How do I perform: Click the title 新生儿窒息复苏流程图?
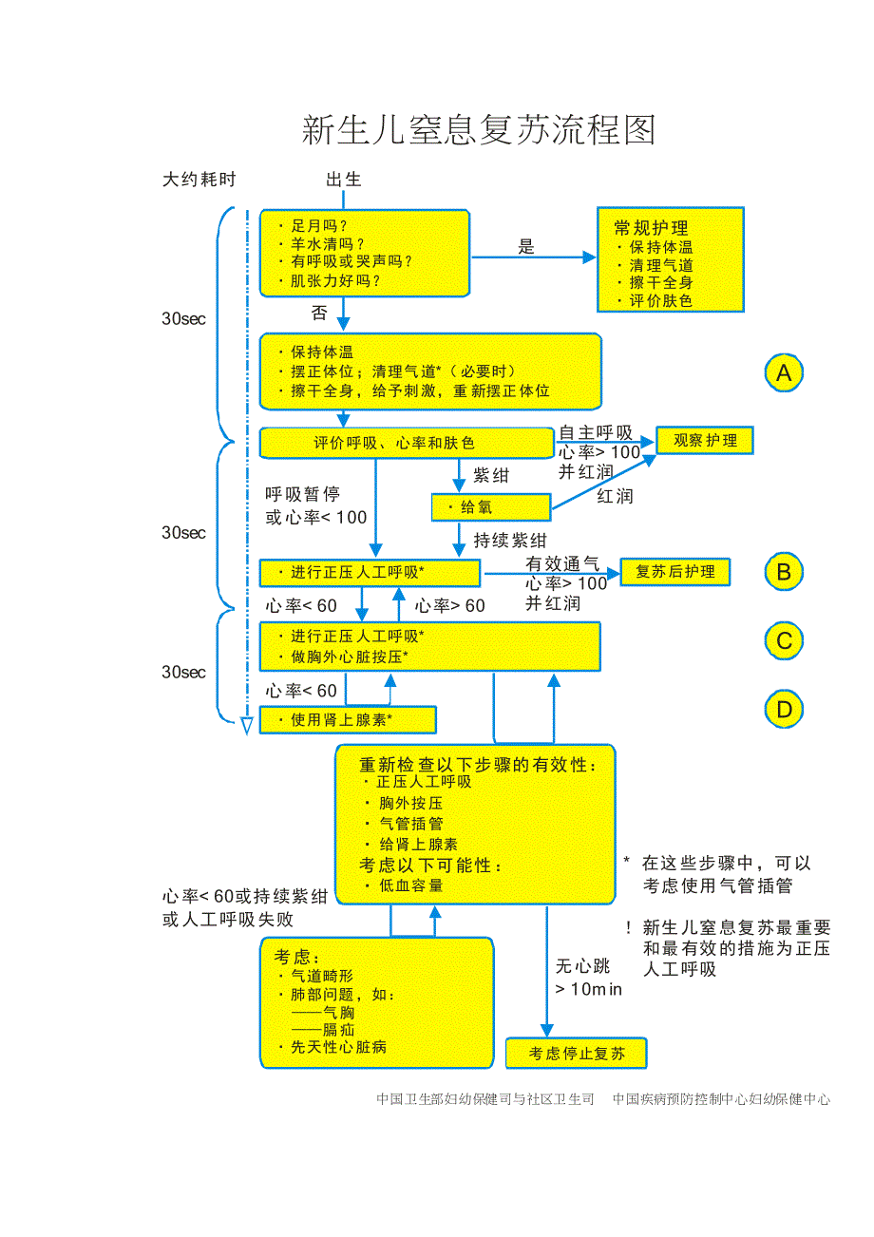478,130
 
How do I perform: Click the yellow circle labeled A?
784,372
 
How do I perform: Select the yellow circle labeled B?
784,572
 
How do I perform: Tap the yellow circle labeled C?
784,641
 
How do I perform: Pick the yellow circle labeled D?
784,710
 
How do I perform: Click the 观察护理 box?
704,441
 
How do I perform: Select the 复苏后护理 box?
674,572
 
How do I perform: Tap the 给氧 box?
490,507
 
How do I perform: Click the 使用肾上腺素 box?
347,720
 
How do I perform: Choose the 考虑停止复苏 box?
576,1053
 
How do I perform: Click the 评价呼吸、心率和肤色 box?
406,443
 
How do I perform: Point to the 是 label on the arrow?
526,247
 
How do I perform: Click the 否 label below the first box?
319,313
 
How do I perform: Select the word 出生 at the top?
343,180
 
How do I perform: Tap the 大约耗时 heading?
199,180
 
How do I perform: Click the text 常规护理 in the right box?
651,228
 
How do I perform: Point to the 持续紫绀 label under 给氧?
510,541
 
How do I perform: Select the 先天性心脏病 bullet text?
338,1047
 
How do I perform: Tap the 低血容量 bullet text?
410,885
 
